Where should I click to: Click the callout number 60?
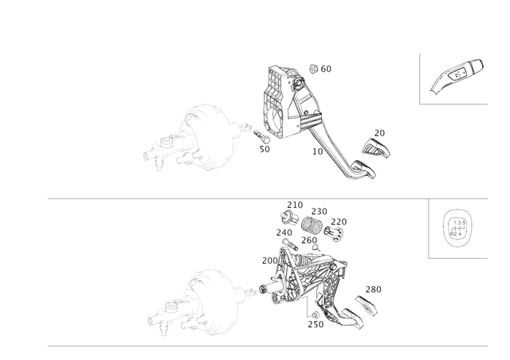tap(326, 69)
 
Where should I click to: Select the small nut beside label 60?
tap(313, 69)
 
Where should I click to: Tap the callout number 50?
tap(265, 149)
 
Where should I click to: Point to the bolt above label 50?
tap(262, 136)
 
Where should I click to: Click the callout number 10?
tap(318, 151)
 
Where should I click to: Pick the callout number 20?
tap(379, 133)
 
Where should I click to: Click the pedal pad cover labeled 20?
tap(376, 147)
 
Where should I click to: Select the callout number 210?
tap(295, 205)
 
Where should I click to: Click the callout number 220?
tap(339, 221)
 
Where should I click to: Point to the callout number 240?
tap(284, 233)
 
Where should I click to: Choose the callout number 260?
tap(309, 241)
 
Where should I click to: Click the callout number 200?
tap(270, 260)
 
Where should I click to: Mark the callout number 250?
tap(316, 324)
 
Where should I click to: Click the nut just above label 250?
tap(316, 315)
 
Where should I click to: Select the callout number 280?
tap(374, 289)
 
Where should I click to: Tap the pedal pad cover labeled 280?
tap(367, 305)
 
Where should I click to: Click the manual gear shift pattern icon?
tap(457, 229)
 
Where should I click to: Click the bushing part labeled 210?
tap(288, 217)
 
